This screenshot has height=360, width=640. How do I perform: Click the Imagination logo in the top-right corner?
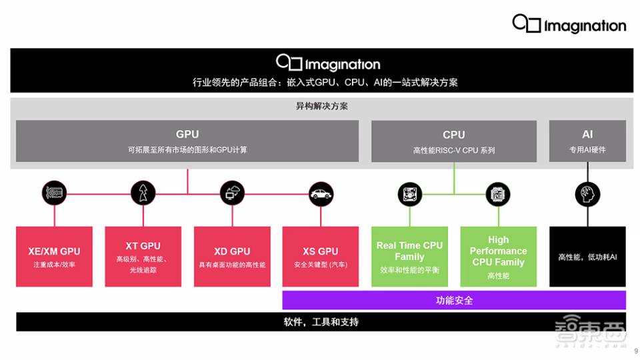pos(569,24)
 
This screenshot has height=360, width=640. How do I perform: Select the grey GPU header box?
pos(187,141)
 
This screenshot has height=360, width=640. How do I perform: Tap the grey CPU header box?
pos(453,141)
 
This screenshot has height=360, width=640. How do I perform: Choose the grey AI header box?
pos(587,141)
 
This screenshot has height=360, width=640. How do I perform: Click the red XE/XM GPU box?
pos(54,257)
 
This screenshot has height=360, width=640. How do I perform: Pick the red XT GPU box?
pos(143,257)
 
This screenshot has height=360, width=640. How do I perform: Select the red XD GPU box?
pos(232,257)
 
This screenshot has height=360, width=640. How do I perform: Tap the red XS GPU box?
pos(321,257)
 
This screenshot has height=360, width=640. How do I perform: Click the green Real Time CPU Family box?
pos(409,257)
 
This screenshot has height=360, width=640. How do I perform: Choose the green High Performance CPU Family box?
pos(498,257)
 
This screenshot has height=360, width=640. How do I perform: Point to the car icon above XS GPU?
pos(321,194)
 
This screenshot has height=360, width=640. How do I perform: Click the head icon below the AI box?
pos(587,194)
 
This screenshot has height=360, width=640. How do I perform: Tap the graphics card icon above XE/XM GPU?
pos(54,194)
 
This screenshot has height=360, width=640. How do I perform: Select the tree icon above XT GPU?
pos(143,194)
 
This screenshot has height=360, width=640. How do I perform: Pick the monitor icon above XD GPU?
pos(232,194)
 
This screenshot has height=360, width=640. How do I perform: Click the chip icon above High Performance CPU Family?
pos(498,194)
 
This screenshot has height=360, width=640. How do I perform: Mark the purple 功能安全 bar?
pos(454,300)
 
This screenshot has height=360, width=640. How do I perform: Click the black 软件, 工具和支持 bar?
pos(321,322)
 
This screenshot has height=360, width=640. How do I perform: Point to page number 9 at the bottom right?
pos(635,351)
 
